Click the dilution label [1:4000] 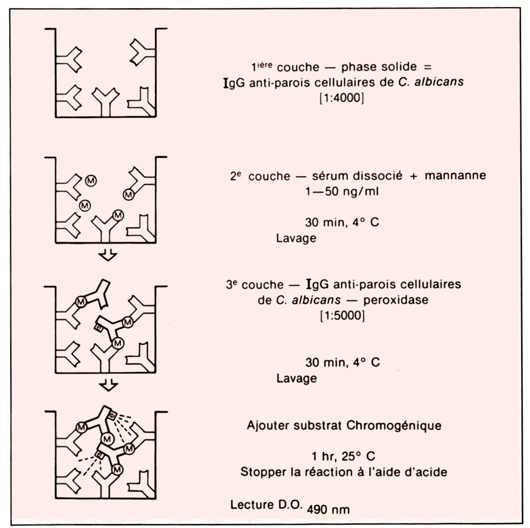(342, 98)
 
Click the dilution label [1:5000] (343, 315)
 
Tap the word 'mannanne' (455, 175)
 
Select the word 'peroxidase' (396, 300)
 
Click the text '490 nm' (328, 509)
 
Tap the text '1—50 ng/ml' (342, 191)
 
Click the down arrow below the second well (108, 255)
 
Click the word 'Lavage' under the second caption (296, 238)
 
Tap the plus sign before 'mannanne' (414, 176)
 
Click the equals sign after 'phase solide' (428, 67)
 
